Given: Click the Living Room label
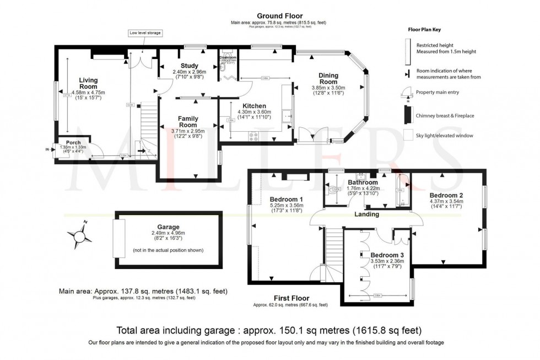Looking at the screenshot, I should [x=88, y=83].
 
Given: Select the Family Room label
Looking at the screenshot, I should [x=188, y=122].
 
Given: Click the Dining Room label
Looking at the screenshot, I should [x=328, y=79].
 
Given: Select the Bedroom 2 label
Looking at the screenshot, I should [x=446, y=196].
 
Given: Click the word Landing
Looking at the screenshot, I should [x=366, y=214].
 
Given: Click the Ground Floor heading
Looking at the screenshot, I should [x=279, y=16].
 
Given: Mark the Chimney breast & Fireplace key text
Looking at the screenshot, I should [x=445, y=116].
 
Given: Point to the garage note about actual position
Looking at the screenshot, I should [x=168, y=250].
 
